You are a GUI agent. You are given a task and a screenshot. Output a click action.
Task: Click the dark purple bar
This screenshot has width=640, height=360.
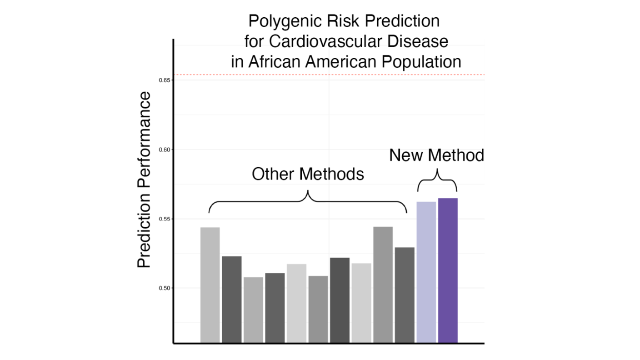click(448, 270)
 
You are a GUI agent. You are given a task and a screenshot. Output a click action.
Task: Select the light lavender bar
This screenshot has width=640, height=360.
click(426, 272)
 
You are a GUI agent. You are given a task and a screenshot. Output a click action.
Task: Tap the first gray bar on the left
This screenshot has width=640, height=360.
click(210, 285)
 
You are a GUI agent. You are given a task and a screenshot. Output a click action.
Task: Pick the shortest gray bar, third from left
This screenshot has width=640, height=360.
click(253, 310)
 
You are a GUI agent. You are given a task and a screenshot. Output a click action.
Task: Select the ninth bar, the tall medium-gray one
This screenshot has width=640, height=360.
click(383, 284)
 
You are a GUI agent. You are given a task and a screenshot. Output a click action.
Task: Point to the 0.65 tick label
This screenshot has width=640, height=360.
click(164, 80)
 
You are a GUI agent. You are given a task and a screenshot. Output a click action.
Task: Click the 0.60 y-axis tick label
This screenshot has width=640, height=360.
click(164, 150)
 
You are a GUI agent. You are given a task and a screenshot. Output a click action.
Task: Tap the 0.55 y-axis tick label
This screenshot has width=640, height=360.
click(164, 219)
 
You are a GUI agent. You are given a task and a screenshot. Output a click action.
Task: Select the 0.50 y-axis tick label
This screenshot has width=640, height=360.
click(164, 288)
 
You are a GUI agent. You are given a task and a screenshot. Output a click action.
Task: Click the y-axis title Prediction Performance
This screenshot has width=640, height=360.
click(144, 180)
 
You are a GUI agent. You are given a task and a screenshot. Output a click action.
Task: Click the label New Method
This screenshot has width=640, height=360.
click(436, 155)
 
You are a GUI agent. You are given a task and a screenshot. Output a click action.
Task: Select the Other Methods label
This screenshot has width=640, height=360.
click(308, 174)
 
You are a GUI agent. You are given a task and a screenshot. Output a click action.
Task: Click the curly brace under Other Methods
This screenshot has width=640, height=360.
click(308, 200)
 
